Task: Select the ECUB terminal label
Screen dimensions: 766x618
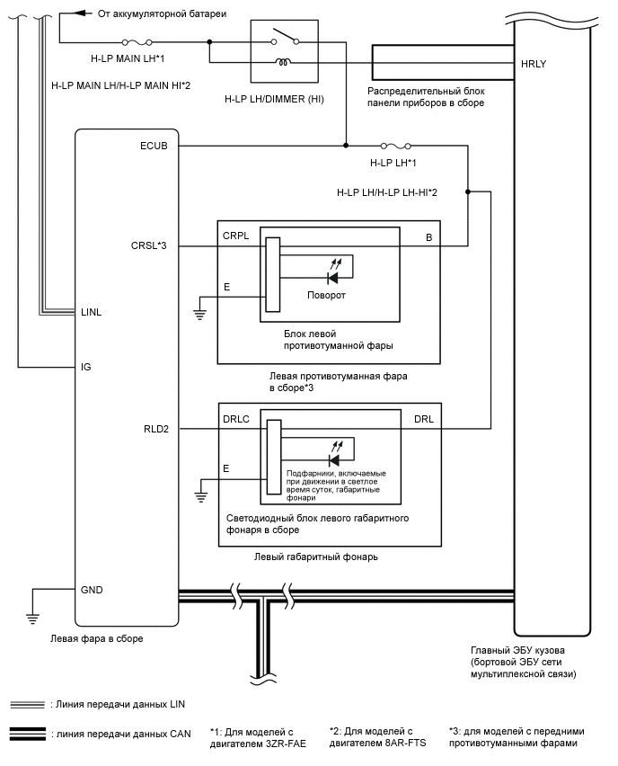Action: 154,145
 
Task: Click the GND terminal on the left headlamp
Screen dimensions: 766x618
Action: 92,590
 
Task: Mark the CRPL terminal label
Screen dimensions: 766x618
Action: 235,235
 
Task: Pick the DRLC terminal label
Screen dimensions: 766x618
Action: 236,419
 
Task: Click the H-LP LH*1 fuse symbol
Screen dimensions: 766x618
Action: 396,146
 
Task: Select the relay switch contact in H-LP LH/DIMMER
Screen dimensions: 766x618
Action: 285,38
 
